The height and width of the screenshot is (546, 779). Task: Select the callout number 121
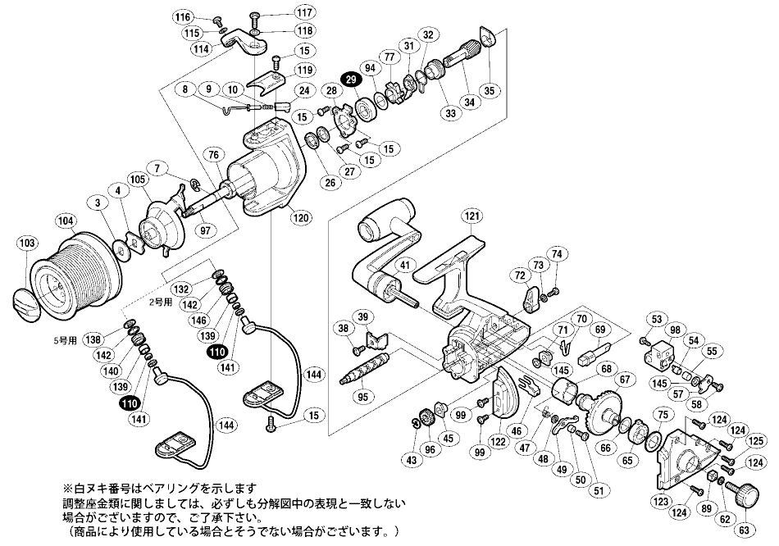471,216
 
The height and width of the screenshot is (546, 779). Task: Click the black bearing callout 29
352,79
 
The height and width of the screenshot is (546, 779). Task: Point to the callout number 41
404,264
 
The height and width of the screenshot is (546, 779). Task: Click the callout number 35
494,90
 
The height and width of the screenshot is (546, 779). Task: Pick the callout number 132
183,289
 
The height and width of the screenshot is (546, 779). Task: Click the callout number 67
625,380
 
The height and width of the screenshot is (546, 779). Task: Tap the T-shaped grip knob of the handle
385,216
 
